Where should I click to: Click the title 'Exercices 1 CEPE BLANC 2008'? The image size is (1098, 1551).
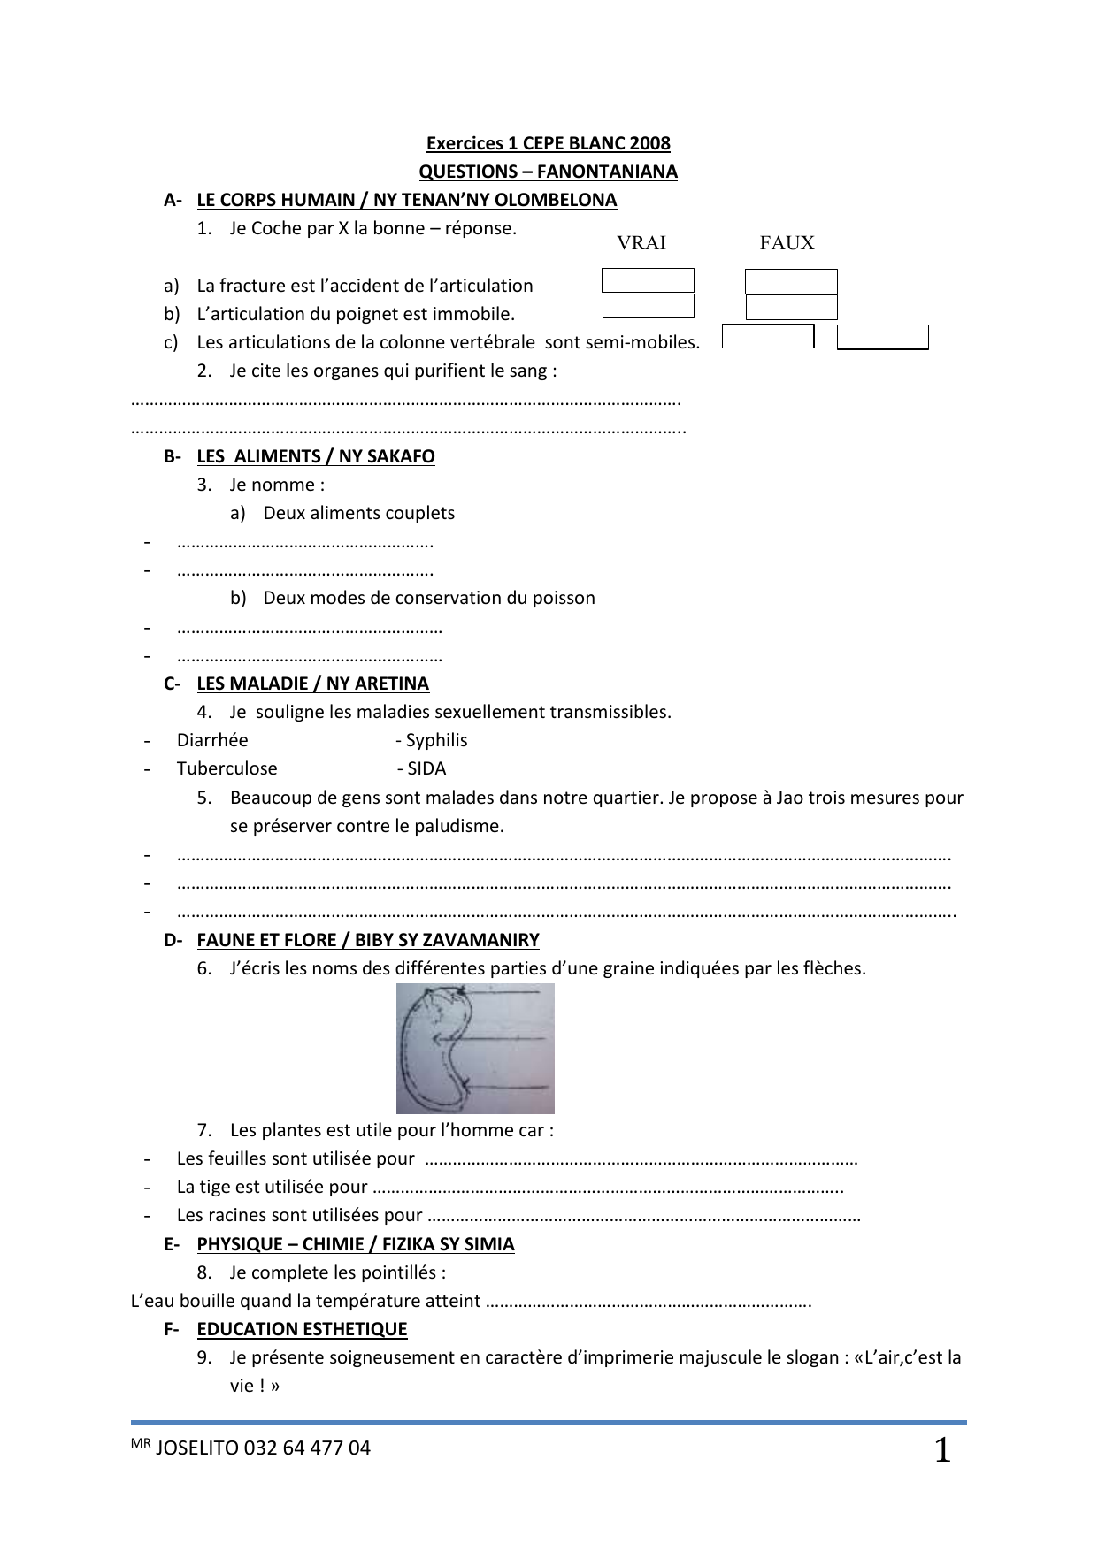(548, 143)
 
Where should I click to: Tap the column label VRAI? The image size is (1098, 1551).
(641, 243)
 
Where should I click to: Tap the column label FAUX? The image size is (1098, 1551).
(787, 243)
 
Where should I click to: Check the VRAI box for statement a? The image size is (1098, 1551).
(648, 280)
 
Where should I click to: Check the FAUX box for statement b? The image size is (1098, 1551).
(791, 307)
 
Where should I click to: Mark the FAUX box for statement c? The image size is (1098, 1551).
(882, 337)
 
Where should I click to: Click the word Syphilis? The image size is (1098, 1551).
(436, 740)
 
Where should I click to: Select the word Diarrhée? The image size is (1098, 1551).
(212, 740)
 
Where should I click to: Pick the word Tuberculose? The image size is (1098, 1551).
(227, 768)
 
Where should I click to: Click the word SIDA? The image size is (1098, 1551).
(426, 768)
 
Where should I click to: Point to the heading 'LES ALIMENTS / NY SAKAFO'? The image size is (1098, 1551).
(316, 456)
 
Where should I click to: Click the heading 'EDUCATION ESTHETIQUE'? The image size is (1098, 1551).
(302, 1329)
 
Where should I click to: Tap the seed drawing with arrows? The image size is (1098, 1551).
(475, 1049)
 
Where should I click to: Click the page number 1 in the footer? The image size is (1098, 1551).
(942, 1451)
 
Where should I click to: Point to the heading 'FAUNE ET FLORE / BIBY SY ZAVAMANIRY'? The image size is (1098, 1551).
(368, 940)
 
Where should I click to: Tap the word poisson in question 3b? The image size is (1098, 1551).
(564, 598)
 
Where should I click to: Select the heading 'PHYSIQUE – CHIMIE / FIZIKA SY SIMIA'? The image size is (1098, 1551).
(355, 1244)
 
